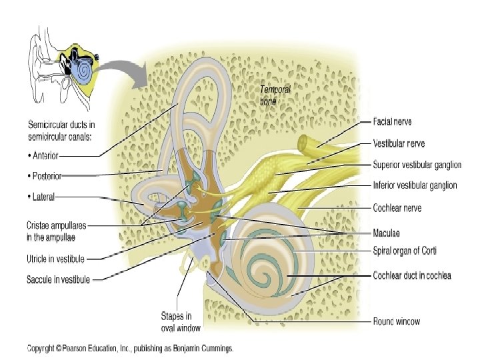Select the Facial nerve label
[x=393, y=122]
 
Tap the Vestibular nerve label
[x=399, y=143]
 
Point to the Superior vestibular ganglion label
[x=417, y=165]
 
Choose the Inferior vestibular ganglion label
[x=415, y=185]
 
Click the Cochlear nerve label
[x=397, y=208]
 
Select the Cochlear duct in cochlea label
[x=411, y=275]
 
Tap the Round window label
[x=396, y=321]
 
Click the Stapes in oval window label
[x=181, y=321]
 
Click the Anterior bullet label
[x=43, y=156]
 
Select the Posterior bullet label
[x=45, y=176]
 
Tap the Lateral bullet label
[x=41, y=197]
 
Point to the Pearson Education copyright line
[x=130, y=348]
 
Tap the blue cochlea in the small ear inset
[x=84, y=68]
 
